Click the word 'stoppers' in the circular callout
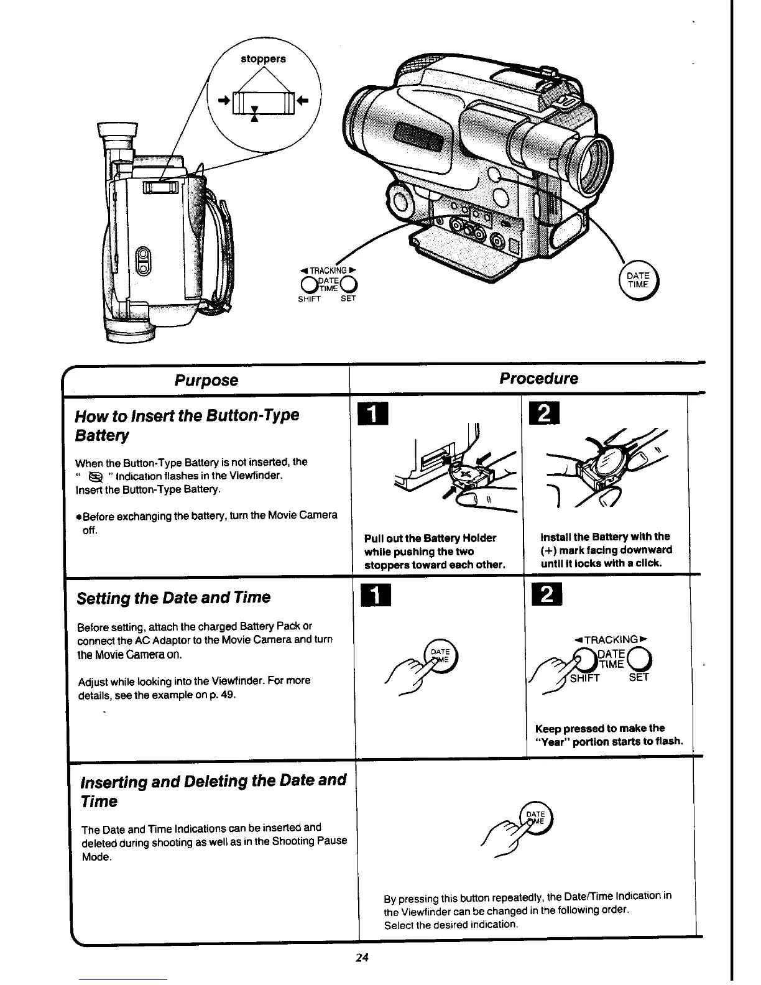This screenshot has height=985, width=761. click(x=263, y=59)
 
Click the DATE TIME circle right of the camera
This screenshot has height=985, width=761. click(x=638, y=280)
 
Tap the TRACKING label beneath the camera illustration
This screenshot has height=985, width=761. click(x=327, y=270)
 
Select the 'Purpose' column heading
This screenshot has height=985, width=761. click(x=206, y=380)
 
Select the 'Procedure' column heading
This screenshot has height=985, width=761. click(x=538, y=379)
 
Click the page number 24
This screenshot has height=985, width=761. click(x=363, y=958)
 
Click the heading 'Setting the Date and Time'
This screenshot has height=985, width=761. click(x=173, y=598)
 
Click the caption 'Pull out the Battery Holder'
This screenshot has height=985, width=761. click(x=430, y=538)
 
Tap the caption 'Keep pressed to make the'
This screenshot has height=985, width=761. click(x=599, y=728)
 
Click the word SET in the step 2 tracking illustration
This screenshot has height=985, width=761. click(x=639, y=678)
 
